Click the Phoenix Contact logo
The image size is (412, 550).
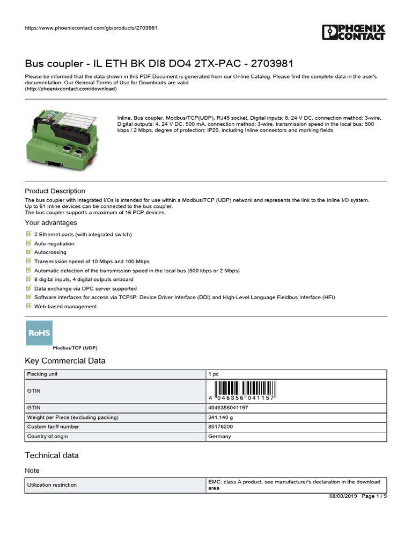tap(354, 32)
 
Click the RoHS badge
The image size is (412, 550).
tap(39, 333)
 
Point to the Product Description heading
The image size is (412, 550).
tap(55, 191)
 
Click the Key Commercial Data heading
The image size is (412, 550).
tap(65, 361)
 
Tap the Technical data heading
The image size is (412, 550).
tap(51, 455)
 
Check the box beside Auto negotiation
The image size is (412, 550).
tap(28, 243)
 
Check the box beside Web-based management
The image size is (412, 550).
tap(28, 306)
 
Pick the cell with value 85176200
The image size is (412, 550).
tap(220, 427)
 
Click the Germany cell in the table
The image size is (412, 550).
tap(219, 437)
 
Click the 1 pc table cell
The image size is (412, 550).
tap(214, 374)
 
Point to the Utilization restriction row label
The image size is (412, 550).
tap(52, 485)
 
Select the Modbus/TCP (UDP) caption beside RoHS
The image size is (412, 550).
tap(75, 348)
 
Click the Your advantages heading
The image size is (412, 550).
tap(51, 223)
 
